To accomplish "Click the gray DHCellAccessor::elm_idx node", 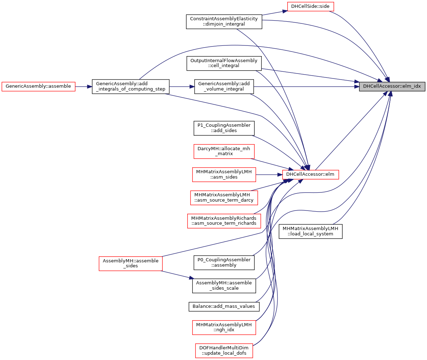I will tap(392, 86).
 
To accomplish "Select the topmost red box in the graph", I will tap(310, 6).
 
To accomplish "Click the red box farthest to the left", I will tap(38, 86).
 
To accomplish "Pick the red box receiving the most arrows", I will tap(310, 175).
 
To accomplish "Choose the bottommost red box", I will tap(224, 351).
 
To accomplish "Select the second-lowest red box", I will tap(224, 327).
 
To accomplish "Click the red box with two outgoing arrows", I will tap(131, 264).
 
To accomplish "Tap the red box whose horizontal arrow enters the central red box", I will tap(224, 175).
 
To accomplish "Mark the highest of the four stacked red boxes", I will tap(224, 152).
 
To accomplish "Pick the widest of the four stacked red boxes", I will tap(224, 221).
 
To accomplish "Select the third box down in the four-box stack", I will tap(224, 198).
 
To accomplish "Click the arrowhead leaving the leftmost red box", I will tap(90, 87).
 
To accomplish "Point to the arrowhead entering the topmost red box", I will tap(284, 11).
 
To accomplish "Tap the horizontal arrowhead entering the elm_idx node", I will tap(356, 87).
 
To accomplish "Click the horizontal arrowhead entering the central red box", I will tap(279, 175).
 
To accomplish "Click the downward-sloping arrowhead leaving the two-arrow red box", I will tap(192, 278).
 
